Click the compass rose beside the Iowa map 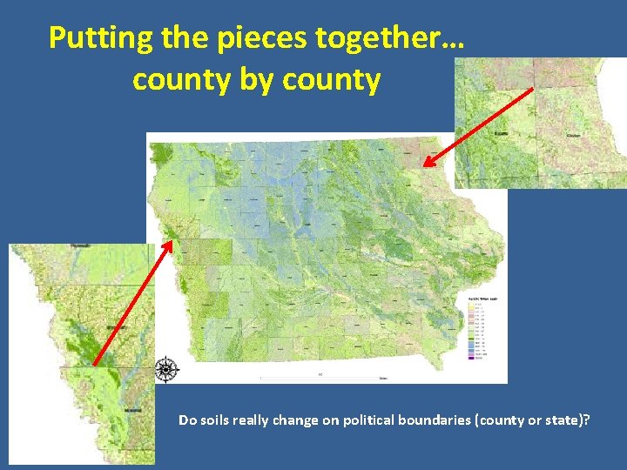165,369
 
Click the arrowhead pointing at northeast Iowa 426,163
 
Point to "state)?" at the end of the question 570,420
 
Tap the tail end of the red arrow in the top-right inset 533,88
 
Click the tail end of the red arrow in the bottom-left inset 93,364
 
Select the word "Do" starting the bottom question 186,420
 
